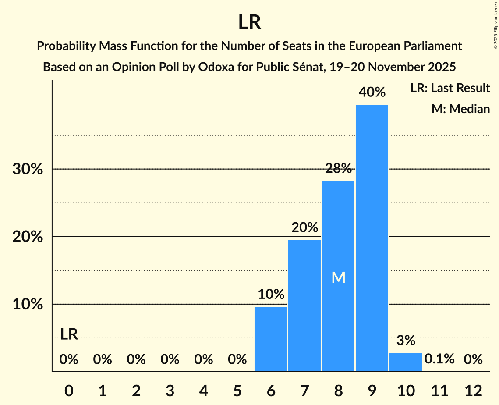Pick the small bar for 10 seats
405,362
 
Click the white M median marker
338,277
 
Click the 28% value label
338,168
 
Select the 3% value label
405,341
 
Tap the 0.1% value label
439,359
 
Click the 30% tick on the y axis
28,169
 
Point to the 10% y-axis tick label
28,304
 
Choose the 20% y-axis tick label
28,237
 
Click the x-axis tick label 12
473,391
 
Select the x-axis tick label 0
69,391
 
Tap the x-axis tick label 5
237,391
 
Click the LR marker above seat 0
69,334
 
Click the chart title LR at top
249,22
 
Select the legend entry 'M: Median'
460,109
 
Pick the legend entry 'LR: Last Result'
450,88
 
